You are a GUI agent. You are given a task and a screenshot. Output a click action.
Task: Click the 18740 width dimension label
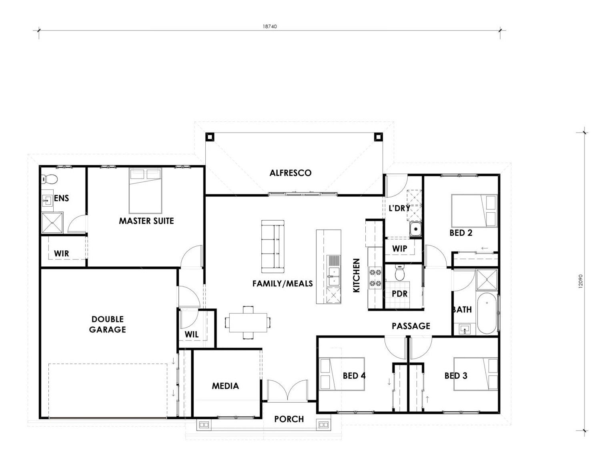[269, 26]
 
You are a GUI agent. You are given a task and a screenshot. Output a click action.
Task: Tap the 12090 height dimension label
[580, 281]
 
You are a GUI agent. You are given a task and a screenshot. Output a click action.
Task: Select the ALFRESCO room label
[290, 173]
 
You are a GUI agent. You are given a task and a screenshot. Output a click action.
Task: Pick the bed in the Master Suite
[145, 191]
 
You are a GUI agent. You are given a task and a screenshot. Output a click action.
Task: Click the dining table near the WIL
[248, 322]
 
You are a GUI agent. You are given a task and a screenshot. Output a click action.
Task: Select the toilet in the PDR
[400, 272]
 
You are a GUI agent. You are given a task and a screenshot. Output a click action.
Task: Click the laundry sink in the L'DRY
[415, 229]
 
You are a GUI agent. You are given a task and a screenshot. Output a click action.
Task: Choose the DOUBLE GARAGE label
[108, 324]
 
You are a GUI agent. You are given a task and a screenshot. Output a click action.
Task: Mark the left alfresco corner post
[210, 137]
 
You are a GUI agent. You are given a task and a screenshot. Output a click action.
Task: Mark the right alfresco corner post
[379, 137]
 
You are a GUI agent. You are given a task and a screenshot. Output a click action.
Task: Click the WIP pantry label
[400, 249]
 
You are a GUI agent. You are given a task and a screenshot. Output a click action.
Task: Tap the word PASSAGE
[411, 326]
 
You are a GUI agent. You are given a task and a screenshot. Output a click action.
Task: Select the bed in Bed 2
[474, 211]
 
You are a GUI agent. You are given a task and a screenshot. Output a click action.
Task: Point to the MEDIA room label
[225, 386]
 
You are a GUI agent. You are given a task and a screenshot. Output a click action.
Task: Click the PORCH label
[289, 419]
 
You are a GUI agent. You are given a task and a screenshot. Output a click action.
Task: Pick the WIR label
[61, 254]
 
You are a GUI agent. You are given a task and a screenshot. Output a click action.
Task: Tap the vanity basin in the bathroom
[465, 329]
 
